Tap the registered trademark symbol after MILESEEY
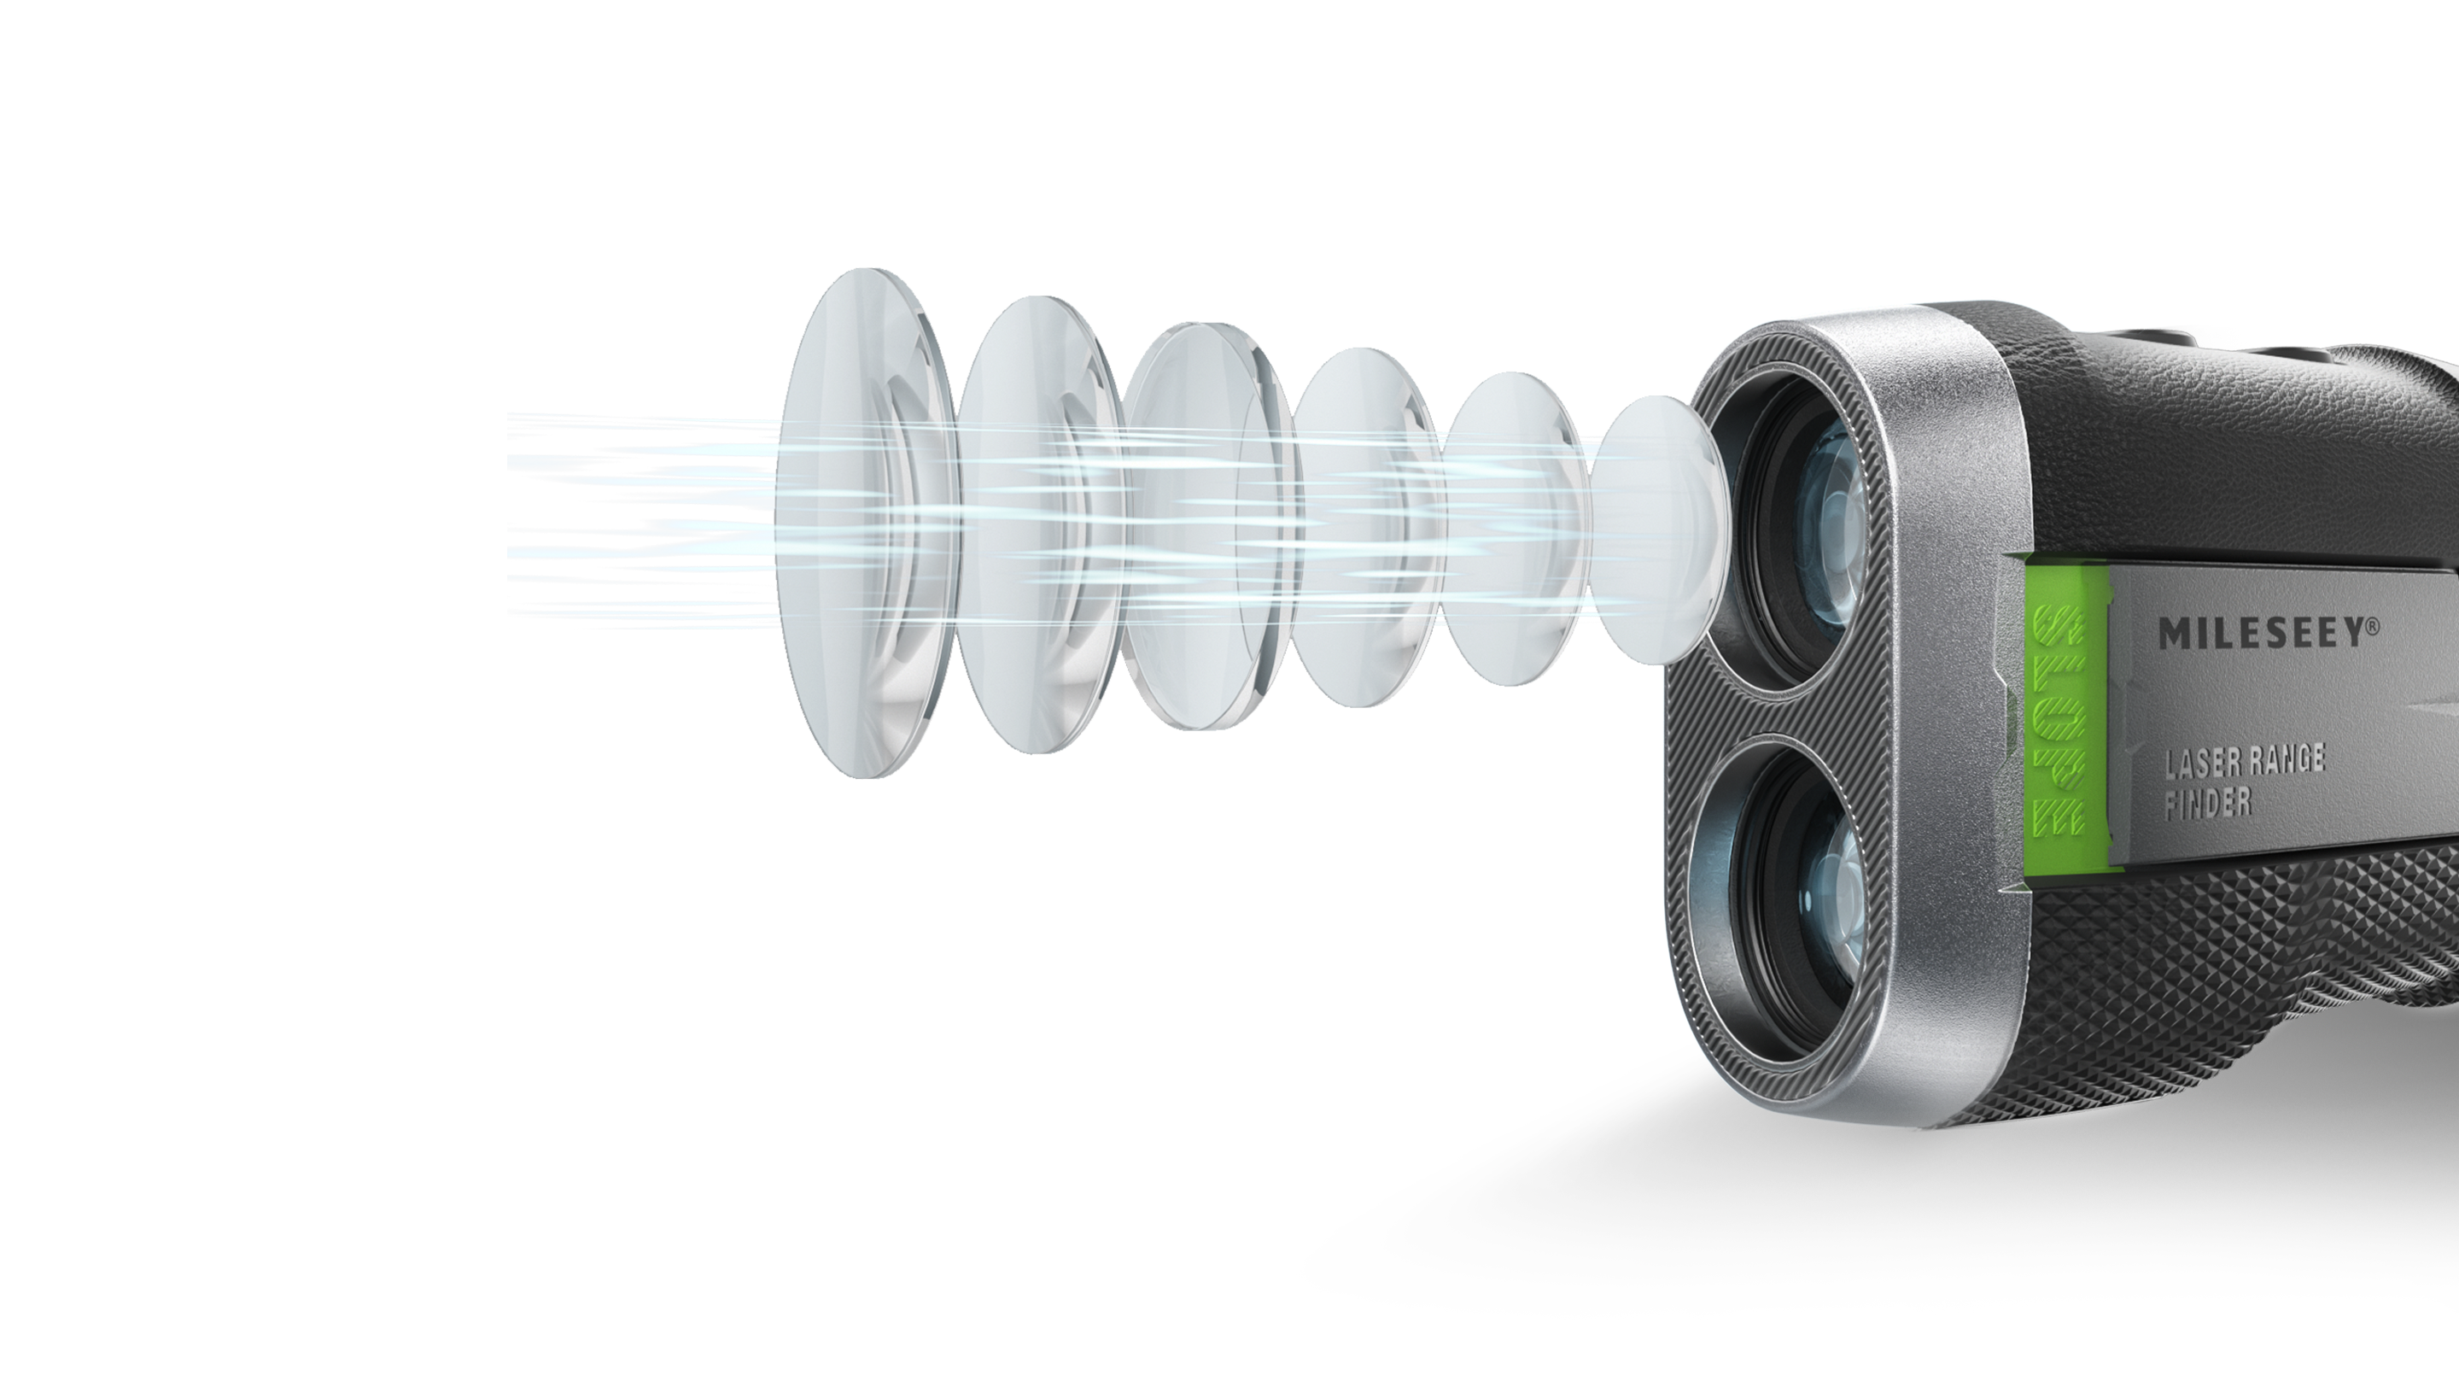pos(2380,623)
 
